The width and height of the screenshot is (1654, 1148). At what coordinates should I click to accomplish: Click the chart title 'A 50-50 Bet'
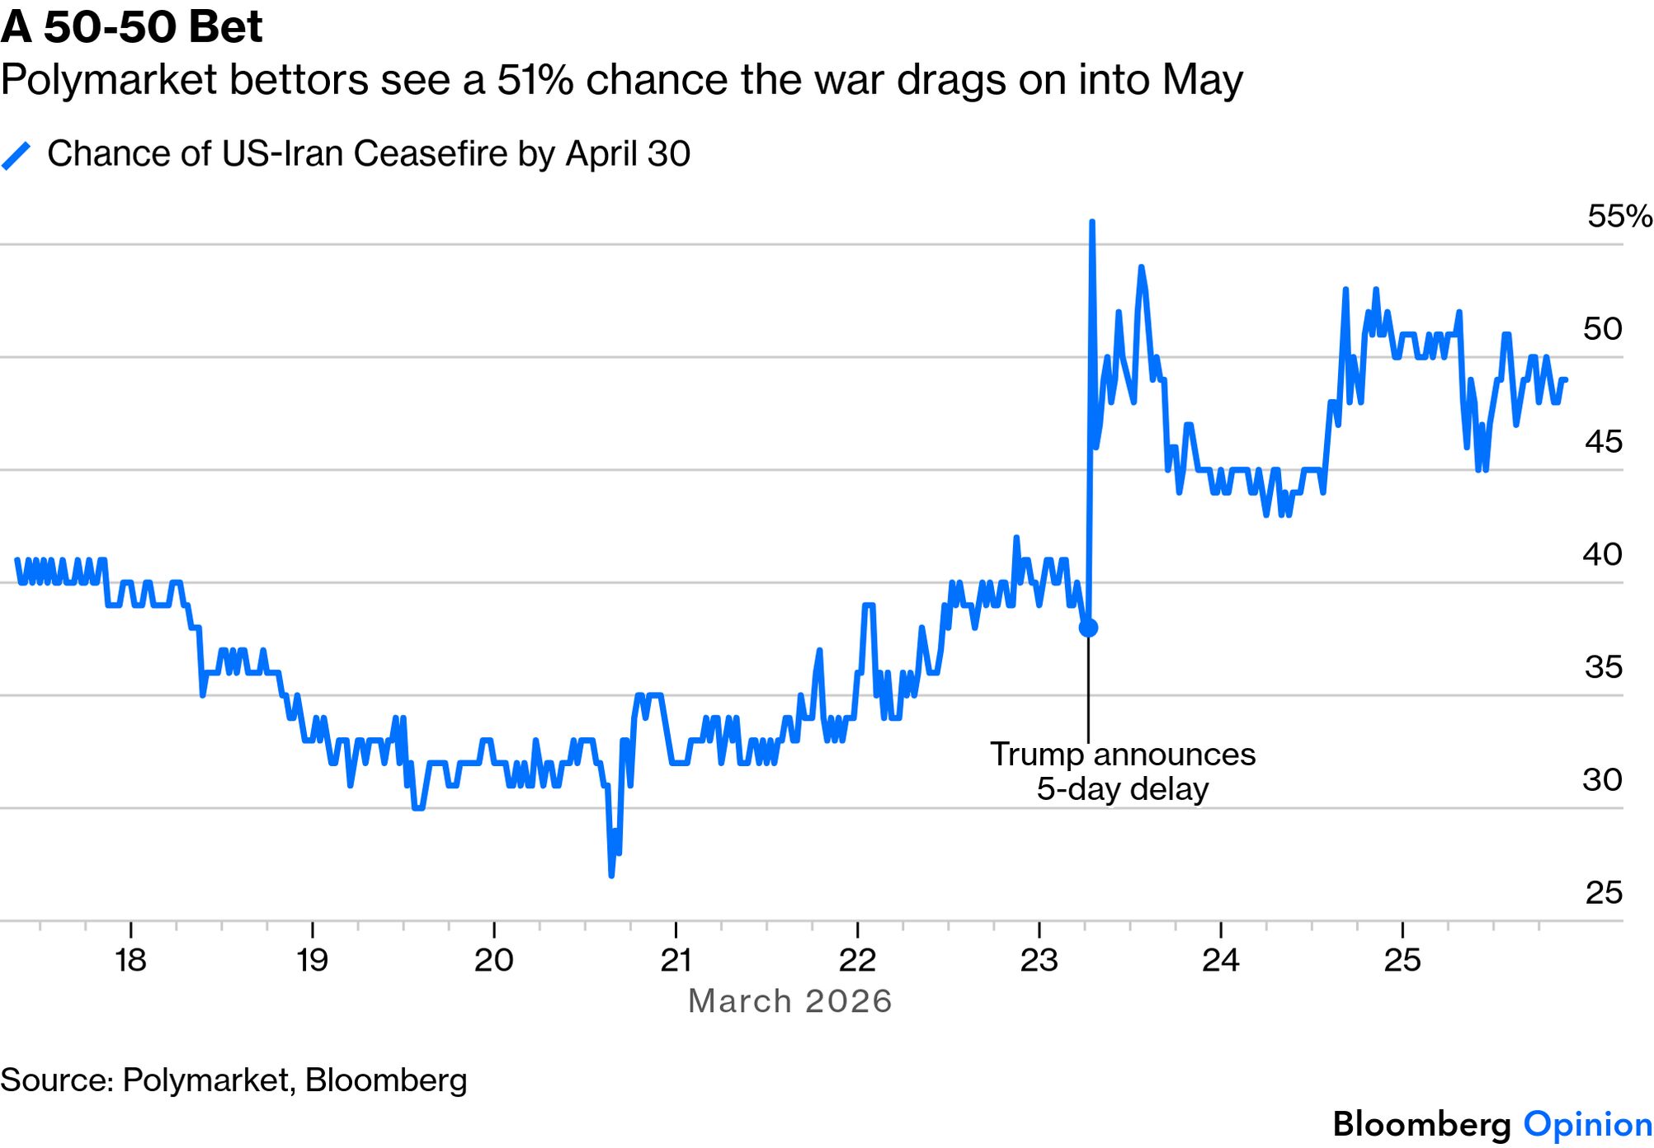tap(131, 26)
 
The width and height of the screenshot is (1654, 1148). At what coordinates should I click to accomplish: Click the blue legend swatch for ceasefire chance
tap(16, 155)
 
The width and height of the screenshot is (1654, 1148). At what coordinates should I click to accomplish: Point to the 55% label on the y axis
tap(1619, 216)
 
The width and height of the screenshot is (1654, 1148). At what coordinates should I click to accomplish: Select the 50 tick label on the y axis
tap(1602, 329)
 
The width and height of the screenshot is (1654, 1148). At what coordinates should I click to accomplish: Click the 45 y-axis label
tap(1603, 442)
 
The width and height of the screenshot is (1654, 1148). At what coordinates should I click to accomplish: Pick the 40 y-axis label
tap(1602, 554)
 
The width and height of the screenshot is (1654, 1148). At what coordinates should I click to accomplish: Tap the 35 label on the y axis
tap(1603, 667)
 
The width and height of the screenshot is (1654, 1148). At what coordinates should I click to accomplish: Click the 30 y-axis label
tap(1602, 779)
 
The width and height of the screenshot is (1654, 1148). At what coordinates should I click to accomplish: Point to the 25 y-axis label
tap(1603, 892)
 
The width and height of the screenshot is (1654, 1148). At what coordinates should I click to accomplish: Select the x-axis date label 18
tap(130, 960)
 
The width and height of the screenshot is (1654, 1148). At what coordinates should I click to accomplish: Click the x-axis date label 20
tap(493, 960)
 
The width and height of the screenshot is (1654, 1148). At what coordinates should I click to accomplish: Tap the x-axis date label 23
tap(1039, 960)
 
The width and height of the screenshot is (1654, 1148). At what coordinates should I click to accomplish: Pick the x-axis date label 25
tap(1402, 960)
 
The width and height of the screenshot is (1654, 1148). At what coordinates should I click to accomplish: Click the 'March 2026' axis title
tap(789, 1001)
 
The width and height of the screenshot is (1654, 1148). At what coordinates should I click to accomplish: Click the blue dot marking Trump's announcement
tap(1088, 628)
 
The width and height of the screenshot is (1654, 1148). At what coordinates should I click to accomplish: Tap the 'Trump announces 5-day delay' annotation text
tap(1122, 772)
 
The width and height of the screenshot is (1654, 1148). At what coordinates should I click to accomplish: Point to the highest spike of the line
tap(1091, 223)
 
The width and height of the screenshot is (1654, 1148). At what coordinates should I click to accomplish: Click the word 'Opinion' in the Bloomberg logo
tap(1587, 1125)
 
